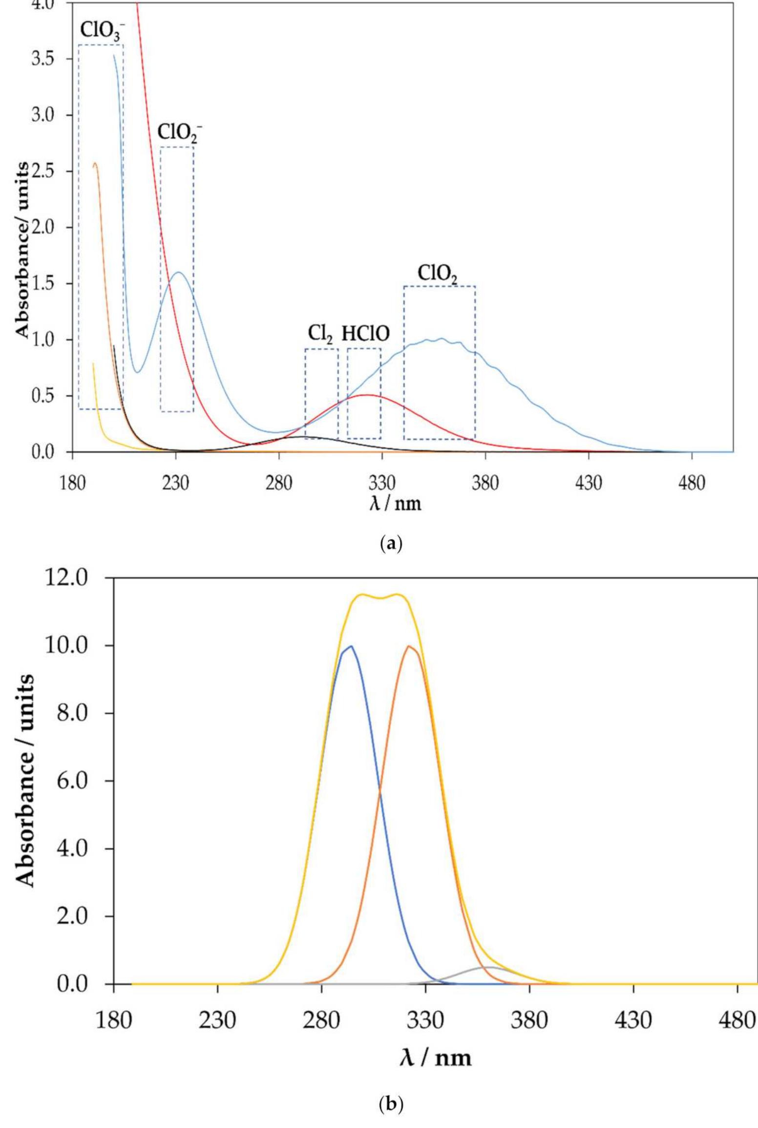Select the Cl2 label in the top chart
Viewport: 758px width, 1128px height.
click(x=320, y=334)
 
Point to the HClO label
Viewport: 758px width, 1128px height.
click(x=365, y=334)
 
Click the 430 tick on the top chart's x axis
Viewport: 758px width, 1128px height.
click(x=589, y=483)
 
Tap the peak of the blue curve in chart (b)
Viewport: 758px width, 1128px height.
click(x=350, y=646)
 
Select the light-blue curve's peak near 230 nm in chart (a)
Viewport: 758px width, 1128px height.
click(x=178, y=272)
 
